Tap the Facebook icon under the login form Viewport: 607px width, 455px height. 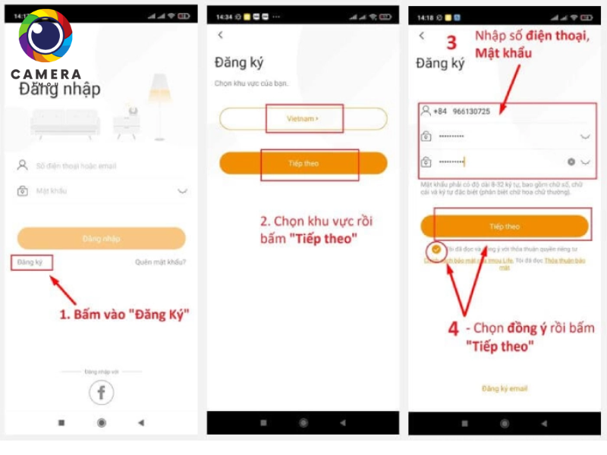[x=101, y=392]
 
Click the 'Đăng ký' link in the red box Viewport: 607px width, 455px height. [x=32, y=262]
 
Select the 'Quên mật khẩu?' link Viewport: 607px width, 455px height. [x=160, y=262]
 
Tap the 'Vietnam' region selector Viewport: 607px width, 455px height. [x=303, y=119]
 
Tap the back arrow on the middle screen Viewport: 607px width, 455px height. [x=221, y=35]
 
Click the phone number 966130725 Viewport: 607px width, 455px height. [x=470, y=111]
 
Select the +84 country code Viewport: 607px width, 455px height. [x=440, y=111]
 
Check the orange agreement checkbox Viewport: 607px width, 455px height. [x=436, y=249]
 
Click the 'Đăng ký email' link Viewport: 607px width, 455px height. [x=504, y=388]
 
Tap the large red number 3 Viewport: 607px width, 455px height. [x=451, y=42]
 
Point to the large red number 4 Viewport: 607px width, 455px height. [x=452, y=329]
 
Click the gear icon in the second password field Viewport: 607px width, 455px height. [x=571, y=162]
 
